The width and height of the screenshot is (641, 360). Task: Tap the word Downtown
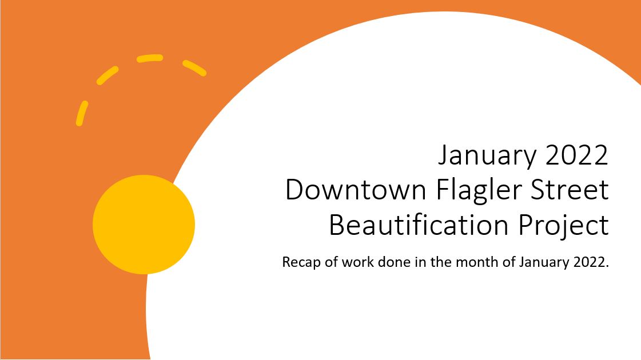[356, 190]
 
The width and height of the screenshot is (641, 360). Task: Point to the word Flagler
[480, 191]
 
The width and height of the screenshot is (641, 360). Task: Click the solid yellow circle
[144, 225]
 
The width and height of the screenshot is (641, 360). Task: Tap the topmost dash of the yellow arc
[150, 58]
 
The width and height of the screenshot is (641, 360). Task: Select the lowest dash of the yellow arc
[82, 113]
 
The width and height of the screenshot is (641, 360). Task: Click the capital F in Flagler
[443, 190]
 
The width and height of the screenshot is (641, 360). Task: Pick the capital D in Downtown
[294, 190]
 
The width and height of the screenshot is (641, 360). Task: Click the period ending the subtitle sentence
[607, 266]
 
